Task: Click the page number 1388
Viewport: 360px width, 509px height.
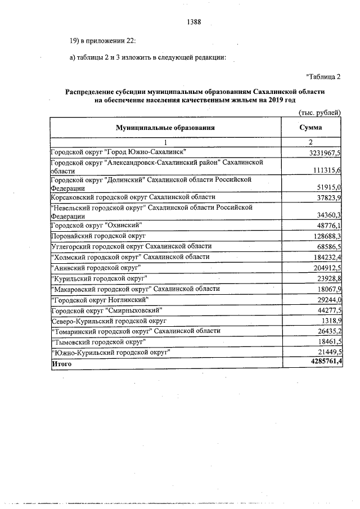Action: (x=193, y=22)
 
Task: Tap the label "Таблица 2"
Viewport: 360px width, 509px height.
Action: (x=323, y=76)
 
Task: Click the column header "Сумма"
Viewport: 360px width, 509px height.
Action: (x=310, y=128)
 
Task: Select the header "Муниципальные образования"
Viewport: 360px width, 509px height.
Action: (x=165, y=128)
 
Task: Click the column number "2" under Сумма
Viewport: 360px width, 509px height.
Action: (x=310, y=142)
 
